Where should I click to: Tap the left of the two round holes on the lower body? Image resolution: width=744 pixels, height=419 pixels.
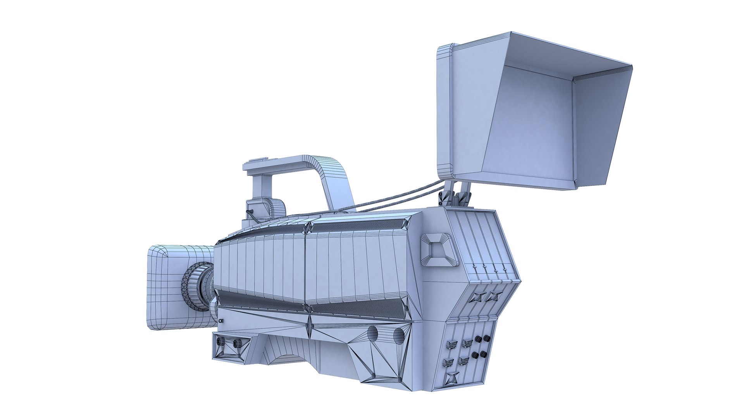pyautogui.click(x=373, y=333)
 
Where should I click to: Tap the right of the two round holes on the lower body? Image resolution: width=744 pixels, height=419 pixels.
pyautogui.click(x=399, y=335)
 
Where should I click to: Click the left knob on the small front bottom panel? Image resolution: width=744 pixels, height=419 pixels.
pyautogui.click(x=221, y=341)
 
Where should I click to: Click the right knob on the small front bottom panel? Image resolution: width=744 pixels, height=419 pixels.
pyautogui.click(x=237, y=343)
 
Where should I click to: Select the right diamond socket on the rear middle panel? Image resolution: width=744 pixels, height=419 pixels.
pyautogui.click(x=493, y=297)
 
